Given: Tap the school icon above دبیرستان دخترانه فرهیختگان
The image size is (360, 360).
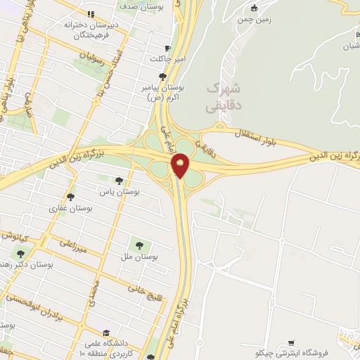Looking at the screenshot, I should click(x=91, y=14).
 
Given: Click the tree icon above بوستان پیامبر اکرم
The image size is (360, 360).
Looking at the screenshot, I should click(x=163, y=76).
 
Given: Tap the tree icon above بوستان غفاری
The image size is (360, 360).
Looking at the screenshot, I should click(x=70, y=197).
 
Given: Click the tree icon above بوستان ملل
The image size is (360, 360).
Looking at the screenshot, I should click(x=139, y=245).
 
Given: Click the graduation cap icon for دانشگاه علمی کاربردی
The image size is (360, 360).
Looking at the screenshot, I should click(x=106, y=333).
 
